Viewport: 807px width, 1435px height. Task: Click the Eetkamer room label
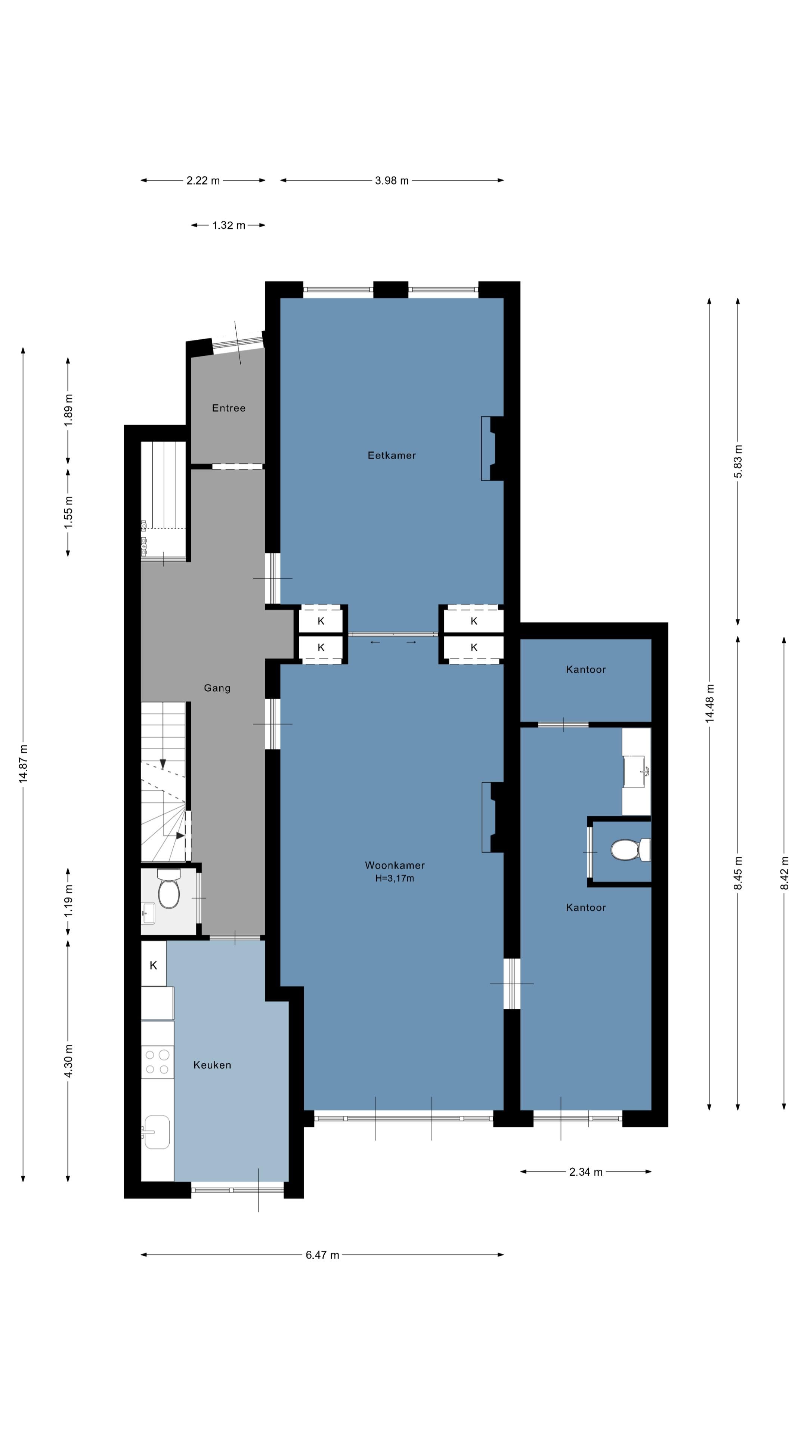392,455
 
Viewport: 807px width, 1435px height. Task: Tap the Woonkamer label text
395,865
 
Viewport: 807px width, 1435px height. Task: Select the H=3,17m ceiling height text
395,879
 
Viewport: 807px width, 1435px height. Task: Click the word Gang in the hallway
217,688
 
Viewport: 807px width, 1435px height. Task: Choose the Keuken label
212,1065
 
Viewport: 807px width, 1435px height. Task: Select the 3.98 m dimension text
392,180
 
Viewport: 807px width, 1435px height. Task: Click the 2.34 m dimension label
586,1172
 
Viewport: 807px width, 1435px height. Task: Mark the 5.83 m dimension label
738,461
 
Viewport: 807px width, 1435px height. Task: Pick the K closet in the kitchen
154,965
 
